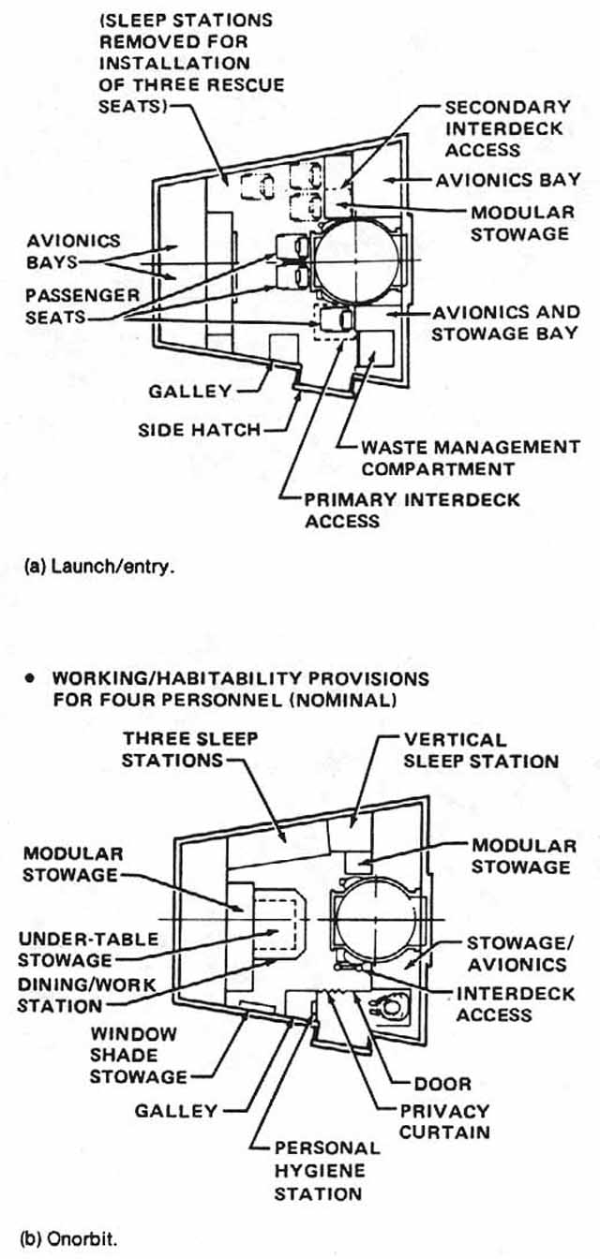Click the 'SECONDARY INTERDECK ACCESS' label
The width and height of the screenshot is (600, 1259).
(x=507, y=128)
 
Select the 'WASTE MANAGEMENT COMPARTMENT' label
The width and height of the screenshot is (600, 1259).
(x=470, y=457)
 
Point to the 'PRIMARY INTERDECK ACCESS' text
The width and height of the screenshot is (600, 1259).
(x=412, y=510)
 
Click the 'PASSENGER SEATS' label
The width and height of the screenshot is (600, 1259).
(x=70, y=306)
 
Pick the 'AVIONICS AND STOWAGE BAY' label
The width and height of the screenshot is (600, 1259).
(x=504, y=322)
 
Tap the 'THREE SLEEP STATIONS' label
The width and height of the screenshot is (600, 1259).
(x=176, y=749)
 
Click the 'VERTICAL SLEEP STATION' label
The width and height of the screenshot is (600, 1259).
(x=481, y=749)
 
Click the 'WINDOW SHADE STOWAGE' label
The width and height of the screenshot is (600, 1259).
(x=138, y=1056)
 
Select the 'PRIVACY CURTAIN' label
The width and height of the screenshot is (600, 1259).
(x=445, y=1121)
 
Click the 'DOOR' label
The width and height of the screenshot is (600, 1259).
(x=443, y=1084)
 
